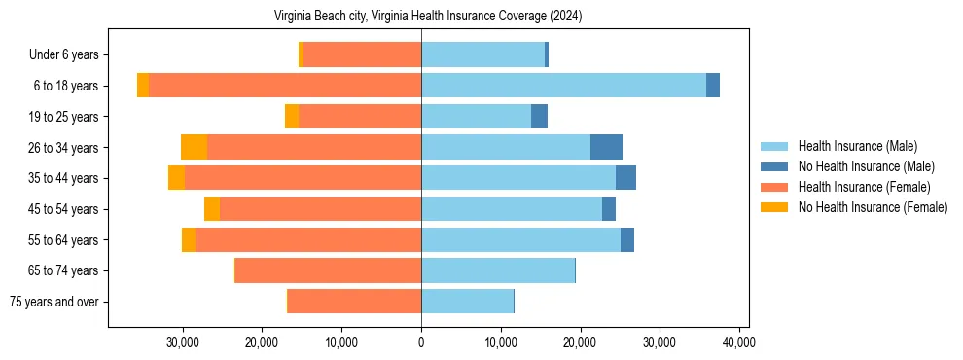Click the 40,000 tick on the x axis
click(x=739, y=342)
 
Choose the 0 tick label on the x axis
click(x=421, y=342)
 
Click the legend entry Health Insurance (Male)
click(x=857, y=147)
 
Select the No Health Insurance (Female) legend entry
click(x=873, y=207)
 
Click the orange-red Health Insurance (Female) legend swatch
click(x=774, y=187)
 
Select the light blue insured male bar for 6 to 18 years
click(x=563, y=86)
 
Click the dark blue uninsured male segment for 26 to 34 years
click(x=606, y=147)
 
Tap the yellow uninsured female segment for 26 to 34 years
click(x=194, y=147)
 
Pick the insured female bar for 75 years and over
click(x=354, y=302)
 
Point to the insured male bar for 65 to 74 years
click(x=498, y=270)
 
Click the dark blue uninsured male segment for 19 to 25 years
click(x=539, y=117)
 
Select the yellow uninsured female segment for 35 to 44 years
click(x=176, y=178)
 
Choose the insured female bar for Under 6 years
click(x=362, y=55)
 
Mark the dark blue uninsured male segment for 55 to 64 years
click(x=627, y=239)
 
